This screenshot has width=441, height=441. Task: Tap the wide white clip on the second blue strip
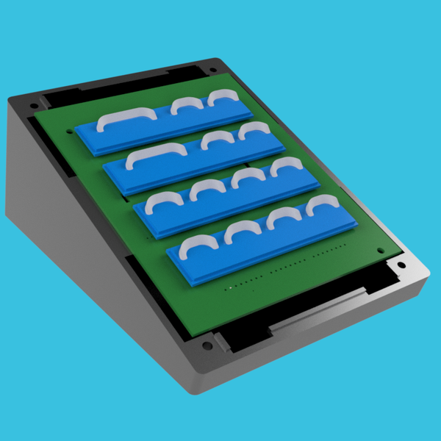pyautogui.click(x=156, y=155)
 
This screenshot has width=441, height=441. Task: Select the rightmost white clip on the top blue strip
pyautogui.click(x=223, y=97)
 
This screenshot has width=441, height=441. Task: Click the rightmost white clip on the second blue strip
pyautogui.click(x=254, y=130)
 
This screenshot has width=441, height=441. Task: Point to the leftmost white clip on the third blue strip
pyautogui.click(x=163, y=201)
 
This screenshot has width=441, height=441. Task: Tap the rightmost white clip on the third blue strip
pyautogui.click(x=284, y=166)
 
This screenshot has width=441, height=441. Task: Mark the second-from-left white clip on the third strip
pyautogui.click(x=207, y=189)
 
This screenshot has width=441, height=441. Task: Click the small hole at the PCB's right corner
pyautogui.click(x=380, y=251)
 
